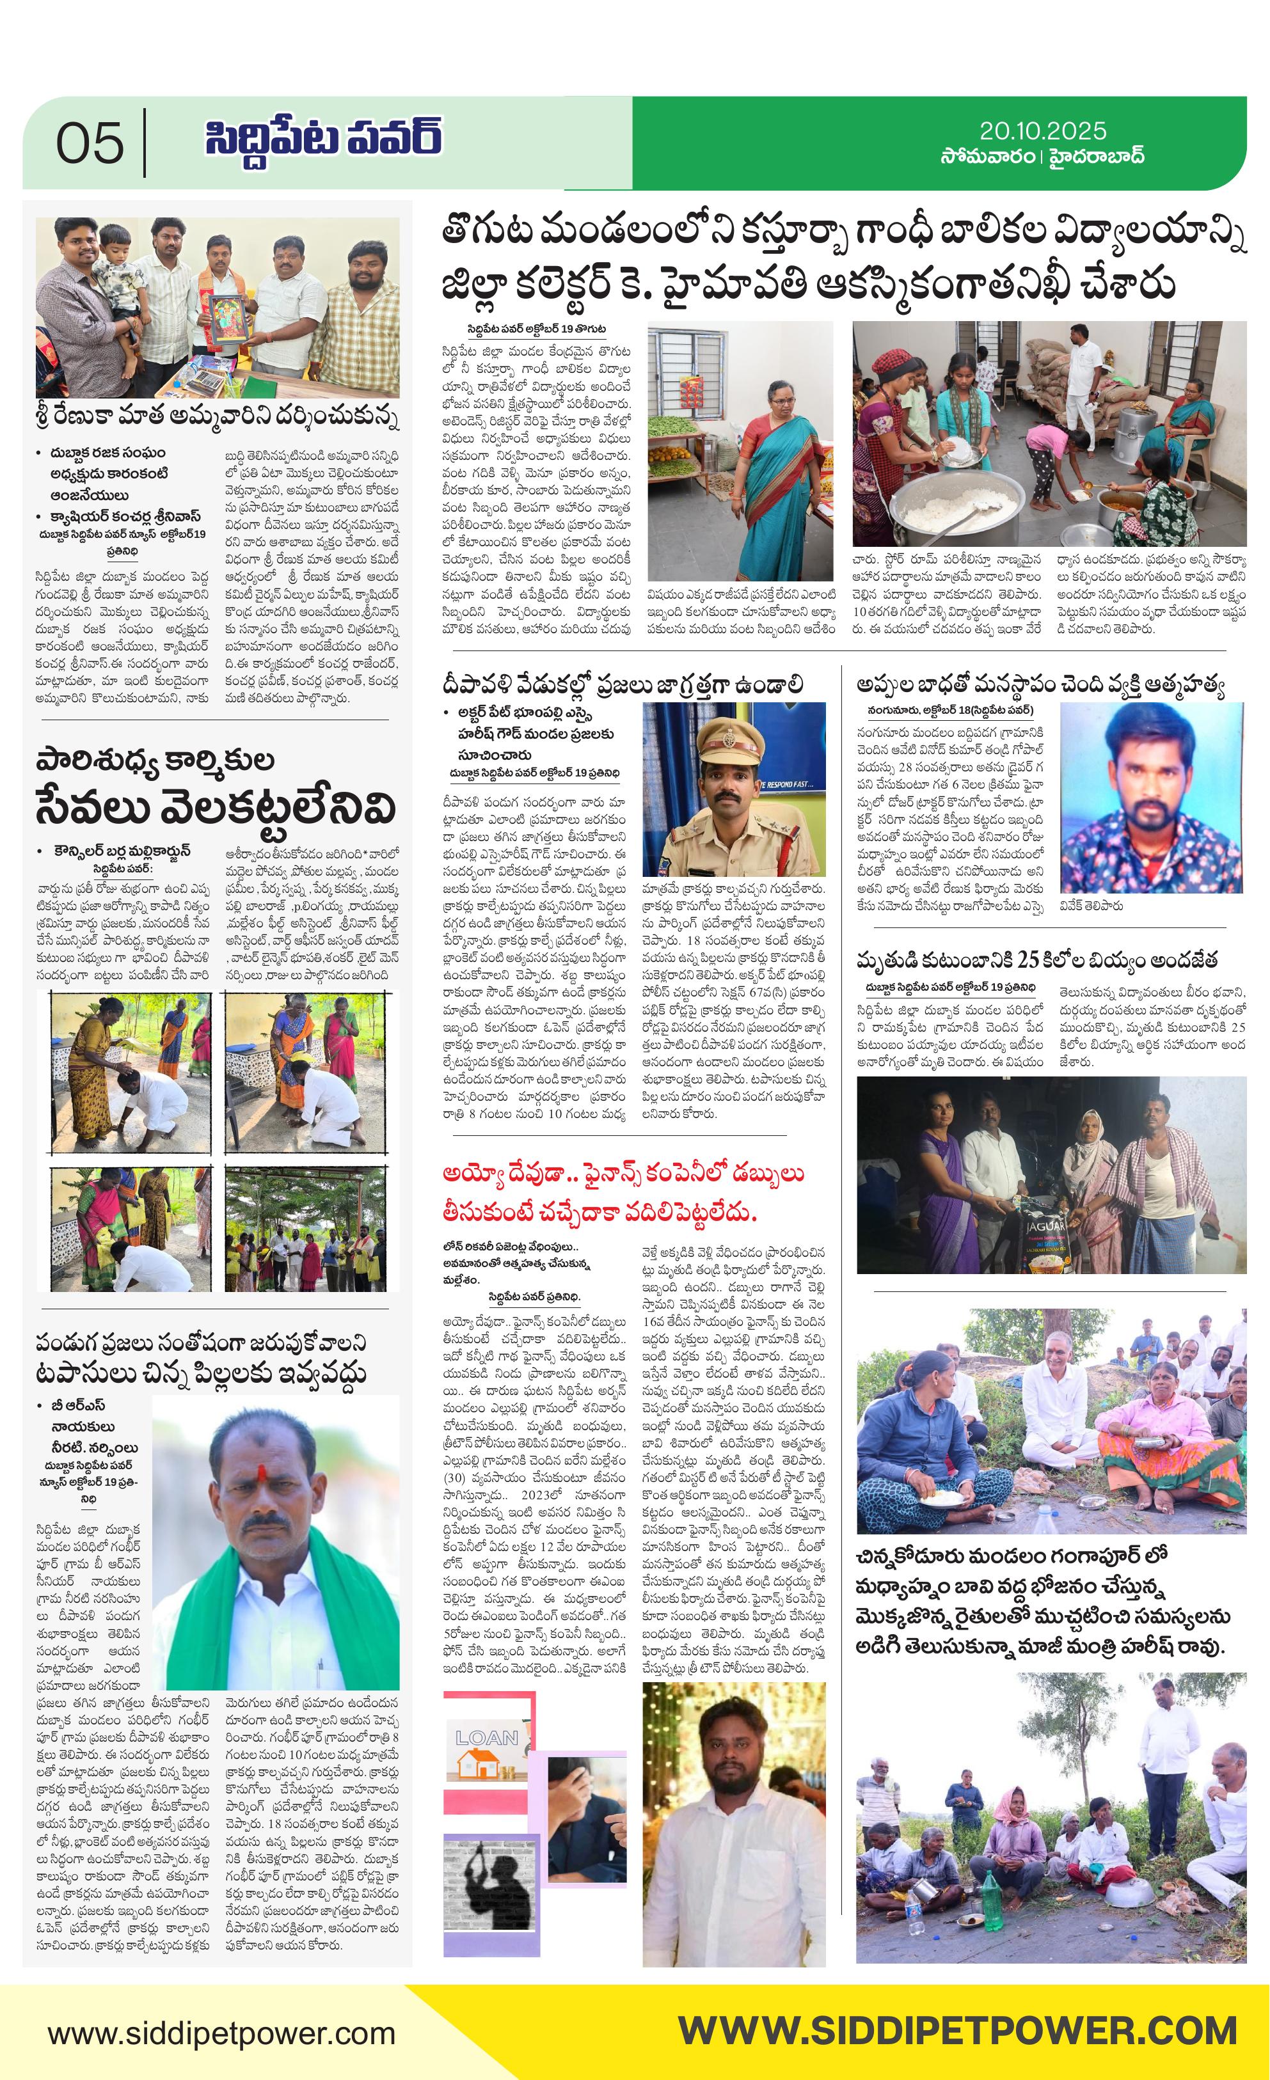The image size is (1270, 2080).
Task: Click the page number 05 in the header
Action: pyautogui.click(x=90, y=143)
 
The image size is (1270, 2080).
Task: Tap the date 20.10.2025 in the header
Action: pyautogui.click(x=1042, y=131)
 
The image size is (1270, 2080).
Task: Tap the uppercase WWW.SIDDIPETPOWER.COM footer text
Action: pyautogui.click(x=958, y=2030)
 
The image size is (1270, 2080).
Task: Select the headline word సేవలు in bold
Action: pyautogui.click(x=96, y=808)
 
